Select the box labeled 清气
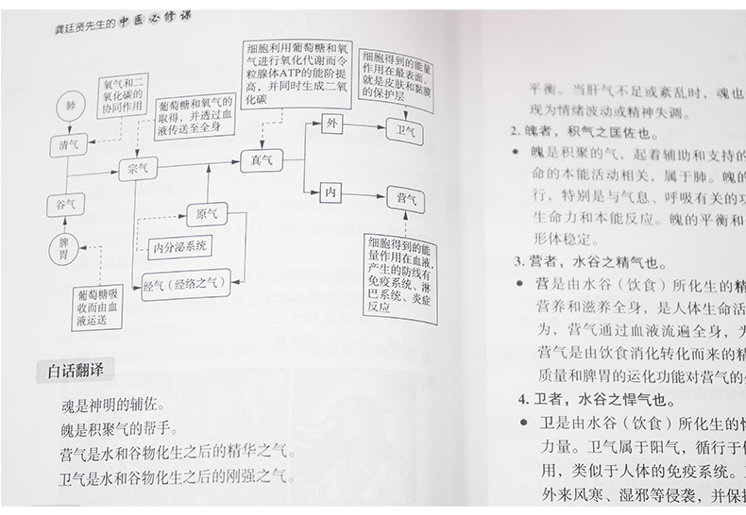tap(68, 145)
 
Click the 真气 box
tap(261, 161)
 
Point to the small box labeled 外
tap(331, 124)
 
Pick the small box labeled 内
tap(331, 191)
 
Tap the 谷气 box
tap(66, 204)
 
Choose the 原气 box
tap(207, 214)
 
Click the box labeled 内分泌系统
tap(181, 248)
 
